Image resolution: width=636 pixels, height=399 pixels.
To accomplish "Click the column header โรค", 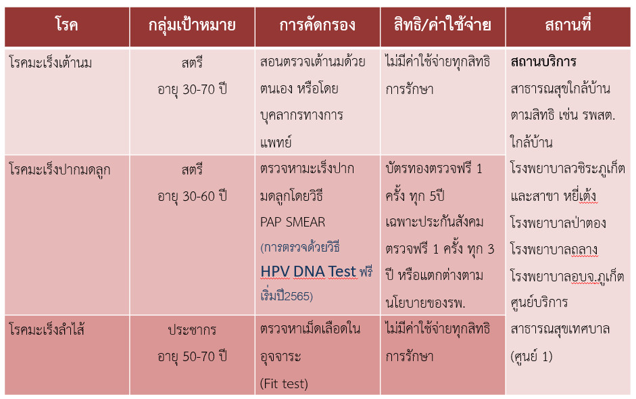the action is (x=66, y=25).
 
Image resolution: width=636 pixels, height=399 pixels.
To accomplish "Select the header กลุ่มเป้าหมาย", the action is (x=192, y=26).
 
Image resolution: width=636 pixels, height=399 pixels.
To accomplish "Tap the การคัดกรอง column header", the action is (x=317, y=25).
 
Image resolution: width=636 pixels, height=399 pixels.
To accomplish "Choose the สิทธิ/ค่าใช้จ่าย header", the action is (x=443, y=24).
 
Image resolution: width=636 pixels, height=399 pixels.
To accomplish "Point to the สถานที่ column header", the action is (x=568, y=24).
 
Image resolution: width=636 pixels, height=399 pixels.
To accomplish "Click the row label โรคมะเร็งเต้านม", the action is (x=51, y=63).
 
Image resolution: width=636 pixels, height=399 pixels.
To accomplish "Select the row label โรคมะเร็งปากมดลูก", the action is (x=59, y=170).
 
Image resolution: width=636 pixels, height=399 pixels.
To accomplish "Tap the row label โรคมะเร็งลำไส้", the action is (x=47, y=329).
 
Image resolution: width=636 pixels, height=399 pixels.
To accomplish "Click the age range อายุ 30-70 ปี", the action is (x=192, y=89).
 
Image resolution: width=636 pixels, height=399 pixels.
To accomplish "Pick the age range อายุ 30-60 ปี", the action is (x=192, y=196).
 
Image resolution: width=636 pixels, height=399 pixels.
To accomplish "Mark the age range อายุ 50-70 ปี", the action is (x=192, y=356).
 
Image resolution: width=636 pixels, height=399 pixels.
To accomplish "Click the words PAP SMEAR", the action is (x=293, y=222).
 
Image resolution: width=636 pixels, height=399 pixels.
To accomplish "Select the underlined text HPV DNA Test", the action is (x=308, y=271).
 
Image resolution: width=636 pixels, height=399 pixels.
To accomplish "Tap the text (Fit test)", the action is (x=284, y=383).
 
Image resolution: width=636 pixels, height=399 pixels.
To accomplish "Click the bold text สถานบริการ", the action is (x=543, y=62).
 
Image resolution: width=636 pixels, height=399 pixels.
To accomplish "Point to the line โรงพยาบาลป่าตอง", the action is (x=558, y=222).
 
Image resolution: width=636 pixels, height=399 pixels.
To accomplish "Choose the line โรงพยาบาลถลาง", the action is (x=554, y=250).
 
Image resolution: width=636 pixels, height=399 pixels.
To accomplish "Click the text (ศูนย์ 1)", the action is (x=531, y=356).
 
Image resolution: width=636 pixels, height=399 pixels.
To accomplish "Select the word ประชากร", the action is (x=192, y=329).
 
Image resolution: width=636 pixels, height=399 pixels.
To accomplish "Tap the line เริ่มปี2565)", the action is (x=287, y=296).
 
